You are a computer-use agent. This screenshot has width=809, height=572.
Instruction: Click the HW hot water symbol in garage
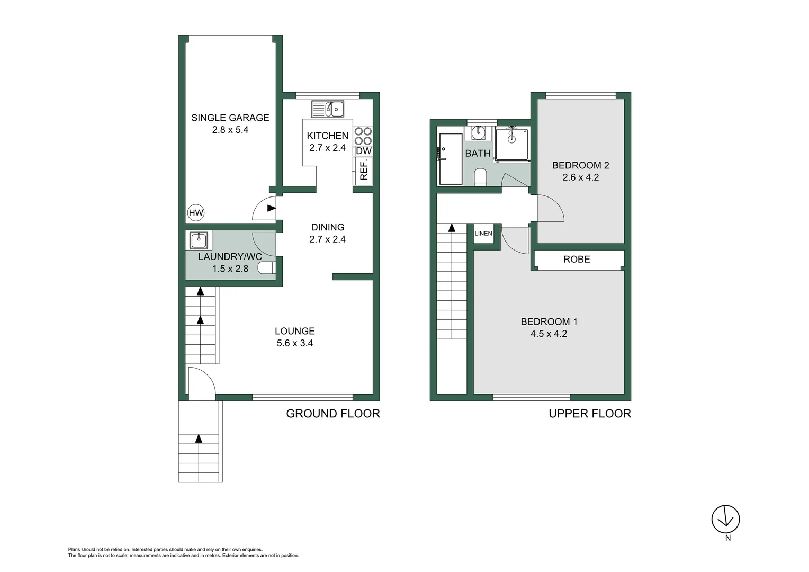tap(196, 213)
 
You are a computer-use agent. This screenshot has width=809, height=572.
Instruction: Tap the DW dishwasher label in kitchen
tap(364, 151)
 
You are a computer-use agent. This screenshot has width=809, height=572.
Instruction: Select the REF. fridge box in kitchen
tap(364, 171)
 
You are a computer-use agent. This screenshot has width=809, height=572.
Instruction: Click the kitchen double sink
tap(328, 109)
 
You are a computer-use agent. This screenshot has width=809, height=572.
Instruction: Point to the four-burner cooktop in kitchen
tap(363, 136)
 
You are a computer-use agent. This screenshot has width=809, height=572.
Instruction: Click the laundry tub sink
tap(199, 240)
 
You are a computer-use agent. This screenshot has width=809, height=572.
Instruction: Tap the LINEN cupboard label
tap(483, 234)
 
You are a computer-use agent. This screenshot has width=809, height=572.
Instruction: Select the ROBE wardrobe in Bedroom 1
tap(577, 260)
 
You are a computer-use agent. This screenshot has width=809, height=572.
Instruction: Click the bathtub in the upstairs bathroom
tap(451, 159)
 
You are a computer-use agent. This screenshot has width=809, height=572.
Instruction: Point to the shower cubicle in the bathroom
tap(511, 144)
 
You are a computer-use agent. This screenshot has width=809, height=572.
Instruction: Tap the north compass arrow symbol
tap(725, 519)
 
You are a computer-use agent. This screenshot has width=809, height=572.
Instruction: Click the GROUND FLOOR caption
tap(333, 414)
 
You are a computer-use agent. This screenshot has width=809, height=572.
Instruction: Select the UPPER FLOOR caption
tap(590, 414)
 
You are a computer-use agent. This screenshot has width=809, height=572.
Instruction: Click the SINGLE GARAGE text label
tap(230, 118)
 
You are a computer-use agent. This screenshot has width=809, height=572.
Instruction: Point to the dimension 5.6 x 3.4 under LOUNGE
tap(295, 343)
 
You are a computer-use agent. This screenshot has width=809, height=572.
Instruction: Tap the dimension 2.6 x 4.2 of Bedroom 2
tap(581, 177)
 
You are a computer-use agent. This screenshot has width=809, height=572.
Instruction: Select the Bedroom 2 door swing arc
tap(551, 208)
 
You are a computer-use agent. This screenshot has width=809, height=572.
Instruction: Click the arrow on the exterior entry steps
tap(199, 439)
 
